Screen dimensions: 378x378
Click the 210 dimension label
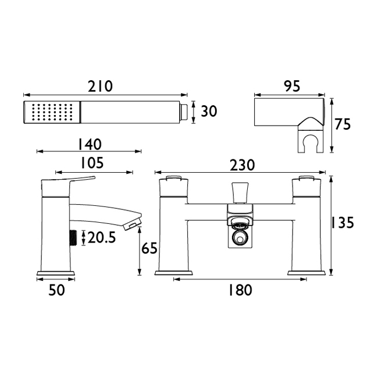100,86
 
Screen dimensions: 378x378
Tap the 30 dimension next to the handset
209,112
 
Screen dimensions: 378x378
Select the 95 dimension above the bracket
292,86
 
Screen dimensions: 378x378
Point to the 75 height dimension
343,124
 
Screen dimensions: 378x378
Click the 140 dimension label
90,144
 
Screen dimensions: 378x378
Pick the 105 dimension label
92,163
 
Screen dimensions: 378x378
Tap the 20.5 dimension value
102,238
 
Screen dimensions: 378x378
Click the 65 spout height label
149,248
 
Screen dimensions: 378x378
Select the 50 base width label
56,290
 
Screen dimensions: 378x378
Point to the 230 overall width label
242,165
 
